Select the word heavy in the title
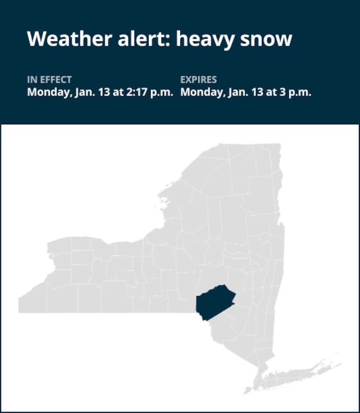pyautogui.click(x=200, y=39)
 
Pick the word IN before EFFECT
pyautogui.click(x=32, y=80)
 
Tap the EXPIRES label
pyautogui.click(x=199, y=80)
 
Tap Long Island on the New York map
pyautogui.click(x=297, y=374)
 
